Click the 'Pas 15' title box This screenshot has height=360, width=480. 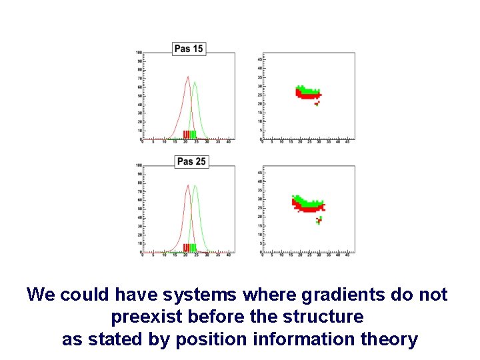[x=189, y=49]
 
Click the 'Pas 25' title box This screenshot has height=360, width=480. [x=191, y=161]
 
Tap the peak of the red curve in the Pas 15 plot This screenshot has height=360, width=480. [x=187, y=77]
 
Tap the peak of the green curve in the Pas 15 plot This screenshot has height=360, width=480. [x=195, y=83]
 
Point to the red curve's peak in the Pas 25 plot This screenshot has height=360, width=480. [x=187, y=185]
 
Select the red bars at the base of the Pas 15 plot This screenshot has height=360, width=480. [x=186, y=135]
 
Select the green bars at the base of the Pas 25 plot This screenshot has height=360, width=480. [x=193, y=247]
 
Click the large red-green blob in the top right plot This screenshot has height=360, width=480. [x=308, y=93]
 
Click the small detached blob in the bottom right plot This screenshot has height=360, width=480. [x=319, y=220]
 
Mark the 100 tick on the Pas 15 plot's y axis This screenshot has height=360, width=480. [x=139, y=52]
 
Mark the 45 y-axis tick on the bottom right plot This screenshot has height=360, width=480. [x=259, y=173]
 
